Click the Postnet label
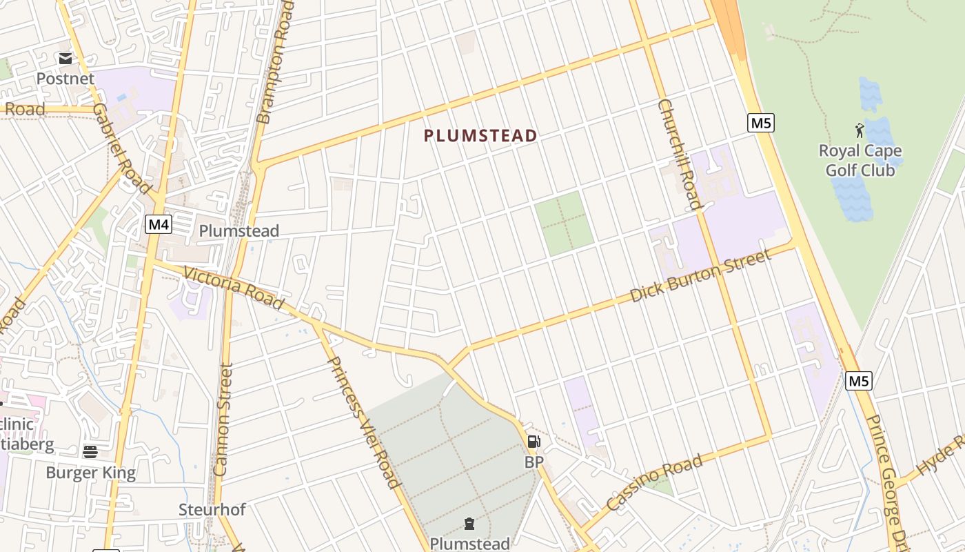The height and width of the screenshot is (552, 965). coord(65,79)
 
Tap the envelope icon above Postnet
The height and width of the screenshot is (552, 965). coord(65,59)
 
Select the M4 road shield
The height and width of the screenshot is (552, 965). coord(159,224)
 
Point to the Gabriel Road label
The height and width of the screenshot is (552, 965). coord(122,148)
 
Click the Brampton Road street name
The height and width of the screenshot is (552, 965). coord(274,62)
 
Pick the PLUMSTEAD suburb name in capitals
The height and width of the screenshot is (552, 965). coord(480,136)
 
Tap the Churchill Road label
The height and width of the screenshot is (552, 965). coord(680,154)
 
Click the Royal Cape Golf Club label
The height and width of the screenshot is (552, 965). coord(860,160)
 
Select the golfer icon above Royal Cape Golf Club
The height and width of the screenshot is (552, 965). coord(860,130)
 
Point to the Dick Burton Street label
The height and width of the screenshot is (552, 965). coord(700,276)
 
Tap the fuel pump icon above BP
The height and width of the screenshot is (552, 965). coord(534,442)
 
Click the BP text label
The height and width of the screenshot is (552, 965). coord(534,462)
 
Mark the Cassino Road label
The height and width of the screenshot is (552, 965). coord(654,482)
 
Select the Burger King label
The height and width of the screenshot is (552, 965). coord(90,473)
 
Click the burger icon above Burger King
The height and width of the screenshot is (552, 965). coord(90,452)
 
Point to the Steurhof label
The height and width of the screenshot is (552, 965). coord(212,510)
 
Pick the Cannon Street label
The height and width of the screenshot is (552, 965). coord(223,420)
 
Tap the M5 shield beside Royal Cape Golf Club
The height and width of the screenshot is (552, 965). coord(761,124)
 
